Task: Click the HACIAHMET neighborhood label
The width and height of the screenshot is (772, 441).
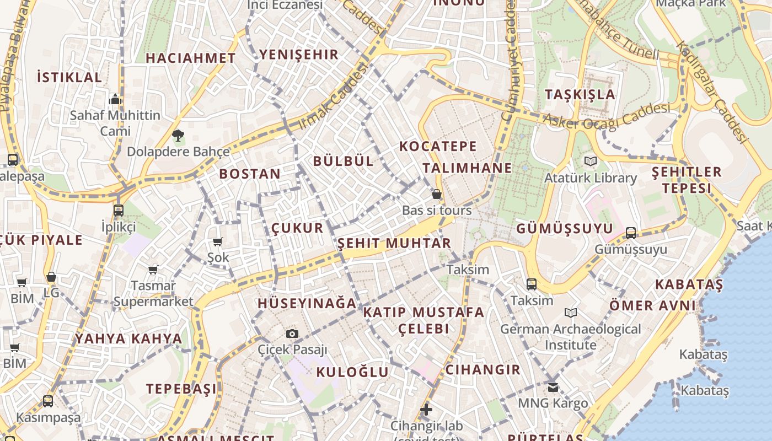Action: pyautogui.click(x=190, y=58)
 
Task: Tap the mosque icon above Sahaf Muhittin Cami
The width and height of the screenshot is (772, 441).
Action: pyautogui.click(x=115, y=99)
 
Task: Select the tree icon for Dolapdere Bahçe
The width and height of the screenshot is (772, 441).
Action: pyautogui.click(x=178, y=135)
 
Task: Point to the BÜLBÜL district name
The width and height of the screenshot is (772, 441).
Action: pyautogui.click(x=344, y=161)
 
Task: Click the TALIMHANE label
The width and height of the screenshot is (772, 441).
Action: pyautogui.click(x=468, y=168)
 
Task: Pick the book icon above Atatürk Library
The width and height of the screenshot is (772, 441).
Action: pyautogui.click(x=591, y=162)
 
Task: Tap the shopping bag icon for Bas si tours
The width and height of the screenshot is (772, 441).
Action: pyautogui.click(x=437, y=194)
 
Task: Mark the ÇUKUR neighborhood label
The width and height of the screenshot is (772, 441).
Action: pyautogui.click(x=298, y=228)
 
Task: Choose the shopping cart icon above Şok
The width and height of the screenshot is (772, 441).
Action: pyautogui.click(x=218, y=241)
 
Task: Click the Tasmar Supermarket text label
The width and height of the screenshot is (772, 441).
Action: pyautogui.click(x=153, y=294)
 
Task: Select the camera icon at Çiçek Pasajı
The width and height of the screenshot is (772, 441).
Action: pyautogui.click(x=292, y=334)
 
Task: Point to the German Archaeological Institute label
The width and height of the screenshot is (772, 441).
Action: pyautogui.click(x=571, y=337)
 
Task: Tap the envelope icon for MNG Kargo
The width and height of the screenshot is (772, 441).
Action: pyautogui.click(x=553, y=387)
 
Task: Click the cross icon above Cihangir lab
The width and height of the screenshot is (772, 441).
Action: pyautogui.click(x=426, y=410)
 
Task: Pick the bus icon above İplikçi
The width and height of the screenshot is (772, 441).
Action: pyautogui.click(x=119, y=210)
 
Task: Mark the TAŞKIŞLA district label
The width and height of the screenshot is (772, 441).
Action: pyautogui.click(x=580, y=94)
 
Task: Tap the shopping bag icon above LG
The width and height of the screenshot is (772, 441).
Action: pyautogui.click(x=51, y=277)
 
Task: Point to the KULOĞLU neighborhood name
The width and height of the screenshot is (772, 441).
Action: pyautogui.click(x=352, y=372)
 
